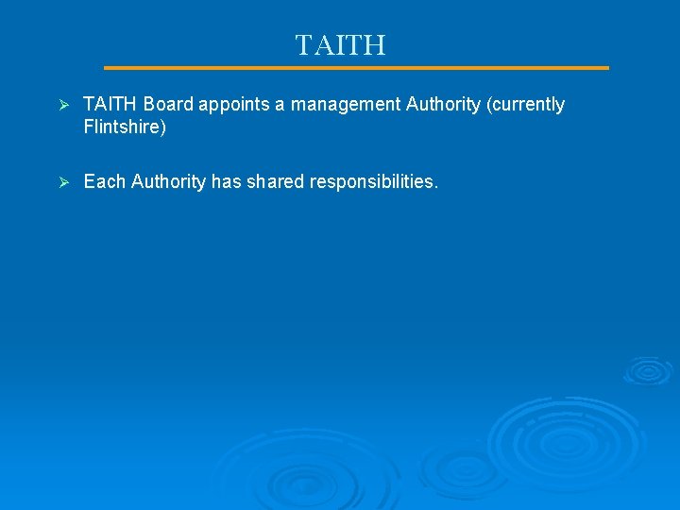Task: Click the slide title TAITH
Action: pos(340,45)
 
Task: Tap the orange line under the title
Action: pos(356,68)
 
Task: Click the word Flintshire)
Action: pos(125,127)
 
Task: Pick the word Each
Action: pos(104,182)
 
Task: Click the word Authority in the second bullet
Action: pos(168,182)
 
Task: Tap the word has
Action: pos(226,182)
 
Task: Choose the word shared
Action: pos(273,182)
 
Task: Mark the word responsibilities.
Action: pos(372,182)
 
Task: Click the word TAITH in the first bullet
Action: pos(110,105)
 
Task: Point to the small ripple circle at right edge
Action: pos(648,370)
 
